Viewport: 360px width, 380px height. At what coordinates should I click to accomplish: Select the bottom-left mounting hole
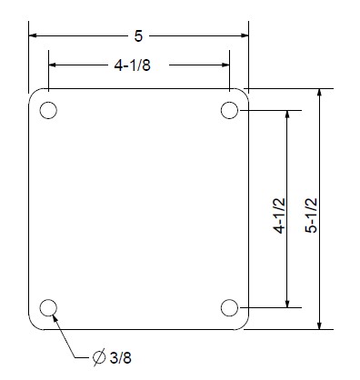[x=48, y=306]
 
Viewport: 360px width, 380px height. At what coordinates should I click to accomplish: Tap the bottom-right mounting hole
[x=229, y=306]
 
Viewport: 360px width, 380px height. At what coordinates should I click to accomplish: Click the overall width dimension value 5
[x=138, y=36]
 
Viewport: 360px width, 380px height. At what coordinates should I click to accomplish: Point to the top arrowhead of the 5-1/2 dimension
[x=320, y=94]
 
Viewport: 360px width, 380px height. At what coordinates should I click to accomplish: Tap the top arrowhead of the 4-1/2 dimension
[x=289, y=115]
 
